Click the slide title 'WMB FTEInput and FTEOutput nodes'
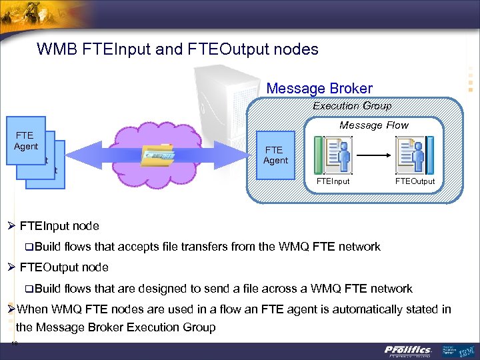(177, 49)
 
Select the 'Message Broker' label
(319, 88)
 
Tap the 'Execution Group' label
(352, 105)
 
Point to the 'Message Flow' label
(373, 125)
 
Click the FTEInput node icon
(337, 155)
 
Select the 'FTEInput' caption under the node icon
(333, 181)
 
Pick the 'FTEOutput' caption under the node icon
(415, 181)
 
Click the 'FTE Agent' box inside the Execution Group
(275, 155)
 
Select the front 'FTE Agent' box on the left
(27, 141)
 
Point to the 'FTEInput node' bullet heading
(59, 225)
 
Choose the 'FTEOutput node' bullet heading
(63, 267)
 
